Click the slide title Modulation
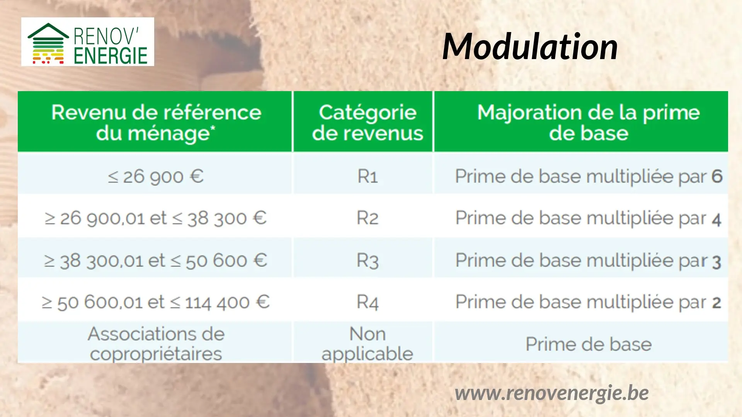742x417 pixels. [x=530, y=46]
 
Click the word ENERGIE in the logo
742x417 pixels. [x=111, y=56]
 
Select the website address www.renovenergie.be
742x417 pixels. [x=551, y=393]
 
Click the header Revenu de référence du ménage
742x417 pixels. [x=156, y=122]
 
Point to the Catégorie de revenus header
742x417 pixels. [x=368, y=122]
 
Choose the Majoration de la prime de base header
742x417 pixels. [x=589, y=122]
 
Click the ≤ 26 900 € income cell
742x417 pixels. [x=155, y=176]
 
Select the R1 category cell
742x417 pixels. [x=368, y=176]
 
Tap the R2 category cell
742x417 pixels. [x=368, y=218]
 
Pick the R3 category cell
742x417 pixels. [x=368, y=261]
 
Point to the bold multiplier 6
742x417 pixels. [x=717, y=176]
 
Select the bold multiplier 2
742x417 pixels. [x=717, y=303]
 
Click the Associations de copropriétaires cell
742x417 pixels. [x=156, y=344]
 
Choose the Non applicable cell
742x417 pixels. [x=368, y=344]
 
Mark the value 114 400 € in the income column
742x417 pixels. [x=227, y=302]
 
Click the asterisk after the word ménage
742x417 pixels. [x=213, y=128]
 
